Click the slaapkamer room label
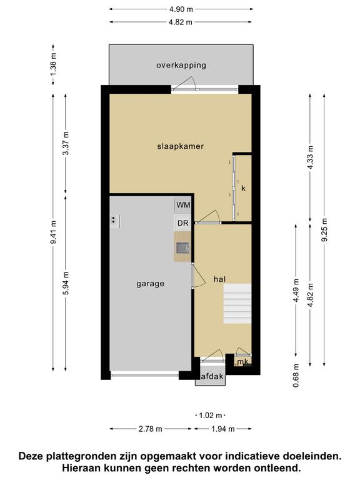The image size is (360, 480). point(180,146)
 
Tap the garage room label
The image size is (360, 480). point(150,284)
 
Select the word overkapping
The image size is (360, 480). point(181,65)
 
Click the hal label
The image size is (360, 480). point(220,279)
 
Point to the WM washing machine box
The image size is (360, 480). point(183,205)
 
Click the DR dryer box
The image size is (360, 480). point(182,223)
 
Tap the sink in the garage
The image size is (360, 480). point(182,247)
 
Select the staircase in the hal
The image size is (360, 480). point(237,304)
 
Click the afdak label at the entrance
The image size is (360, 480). point(211,376)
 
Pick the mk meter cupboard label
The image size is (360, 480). point(242,362)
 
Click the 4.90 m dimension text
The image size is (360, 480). point(181,9)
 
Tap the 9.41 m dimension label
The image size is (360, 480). point(53,232)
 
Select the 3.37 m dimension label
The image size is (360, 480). point(66,143)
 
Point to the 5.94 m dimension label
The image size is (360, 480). point(66,283)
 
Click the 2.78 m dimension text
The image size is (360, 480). point(150,429)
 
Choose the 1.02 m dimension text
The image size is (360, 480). point(211,416)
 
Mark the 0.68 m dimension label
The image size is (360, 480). point(296,376)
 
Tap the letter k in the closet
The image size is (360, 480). point(243,188)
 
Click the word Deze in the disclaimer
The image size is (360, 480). point(31,456)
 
